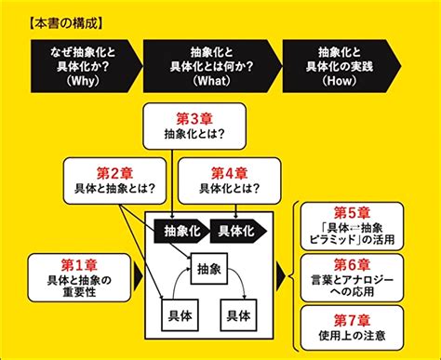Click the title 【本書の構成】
coord(65,23)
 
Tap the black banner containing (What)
coord(212,66)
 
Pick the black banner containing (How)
coord(341,66)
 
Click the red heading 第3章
coord(194,119)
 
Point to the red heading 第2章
coord(114,173)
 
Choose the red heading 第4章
coord(229,173)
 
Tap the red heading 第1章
coord(79,265)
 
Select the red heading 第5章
coord(352,213)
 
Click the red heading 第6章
coord(352,265)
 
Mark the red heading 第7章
coord(352,320)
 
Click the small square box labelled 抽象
coord(209,269)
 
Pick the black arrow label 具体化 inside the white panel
coord(238,231)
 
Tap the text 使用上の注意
coord(352,336)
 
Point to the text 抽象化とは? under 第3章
coord(194,134)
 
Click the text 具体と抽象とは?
coord(114,189)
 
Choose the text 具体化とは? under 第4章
coord(229,189)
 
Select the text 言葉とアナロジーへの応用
coord(352,286)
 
